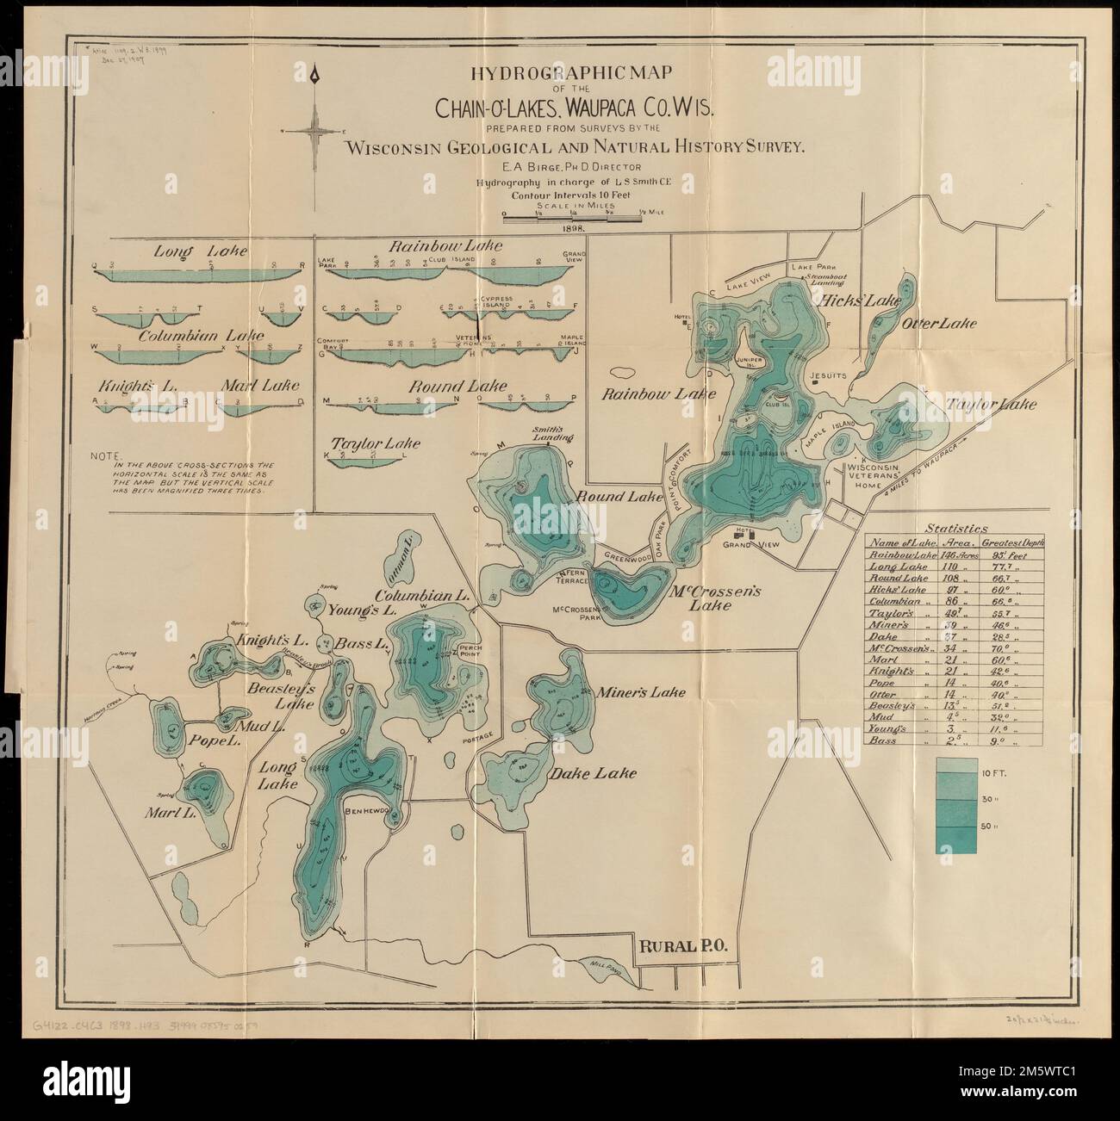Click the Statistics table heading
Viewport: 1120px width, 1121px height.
pyautogui.click(x=955, y=528)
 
